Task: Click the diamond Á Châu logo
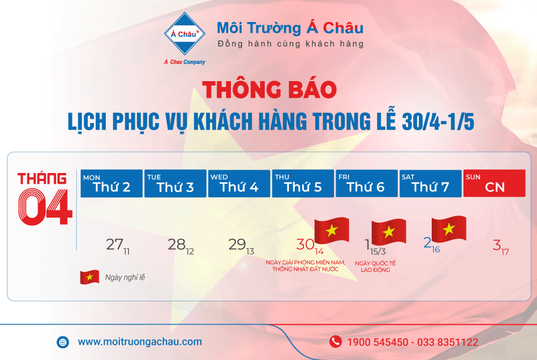tap(184, 34)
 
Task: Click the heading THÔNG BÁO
tap(269, 90)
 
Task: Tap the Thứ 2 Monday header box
tap(112, 184)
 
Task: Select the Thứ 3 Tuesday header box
tap(175, 184)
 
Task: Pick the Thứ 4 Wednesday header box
tap(239, 184)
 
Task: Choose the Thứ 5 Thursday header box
tap(302, 184)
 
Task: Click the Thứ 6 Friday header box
tap(366, 184)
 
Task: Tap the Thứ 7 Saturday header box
tap(430, 184)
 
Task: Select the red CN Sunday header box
tap(494, 184)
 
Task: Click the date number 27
tap(114, 244)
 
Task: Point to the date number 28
tap(176, 244)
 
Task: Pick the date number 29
tap(237, 244)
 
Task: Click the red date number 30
tap(305, 244)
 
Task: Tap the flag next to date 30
tap(331, 230)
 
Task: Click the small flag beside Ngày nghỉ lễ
tap(90, 277)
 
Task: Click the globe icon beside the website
tap(63, 342)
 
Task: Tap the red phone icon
tap(336, 342)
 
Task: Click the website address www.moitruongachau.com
tap(140, 342)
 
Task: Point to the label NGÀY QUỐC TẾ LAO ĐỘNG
tap(376, 267)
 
